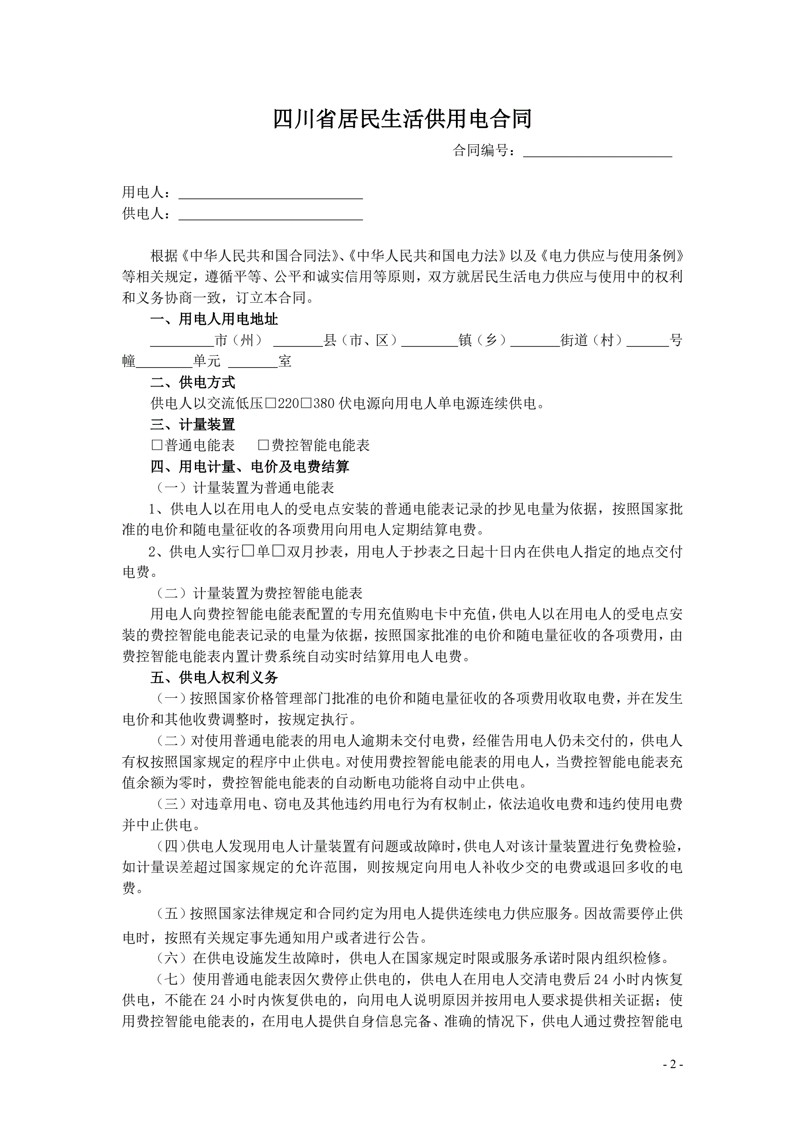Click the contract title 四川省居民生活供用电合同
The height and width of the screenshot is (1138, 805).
402,119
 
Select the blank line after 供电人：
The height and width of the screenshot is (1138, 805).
271,214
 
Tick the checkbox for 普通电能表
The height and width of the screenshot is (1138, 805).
156,446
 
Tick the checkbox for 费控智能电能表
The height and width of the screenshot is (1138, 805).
263,446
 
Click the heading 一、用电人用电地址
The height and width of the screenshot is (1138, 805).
214,319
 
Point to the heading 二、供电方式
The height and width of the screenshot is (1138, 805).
193,382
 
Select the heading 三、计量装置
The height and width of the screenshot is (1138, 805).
193,425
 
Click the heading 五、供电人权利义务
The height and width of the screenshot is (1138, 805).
214,677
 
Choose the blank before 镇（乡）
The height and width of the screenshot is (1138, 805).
430,341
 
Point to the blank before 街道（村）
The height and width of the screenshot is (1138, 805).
535,341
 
